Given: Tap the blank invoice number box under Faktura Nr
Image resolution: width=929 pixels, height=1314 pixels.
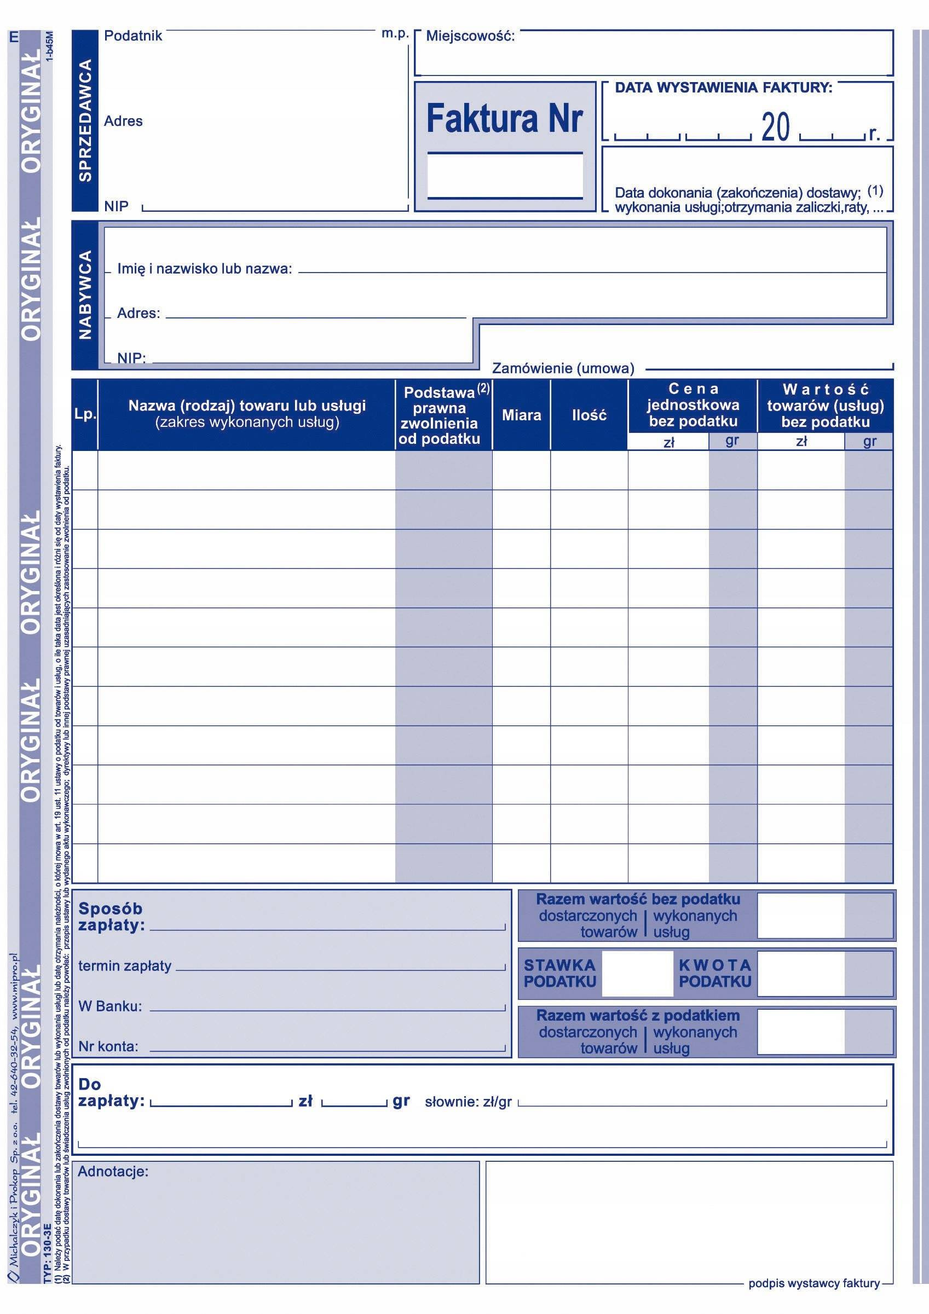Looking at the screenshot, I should pyautogui.click(x=505, y=176).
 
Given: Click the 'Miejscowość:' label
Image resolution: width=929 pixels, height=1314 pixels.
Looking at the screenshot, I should pyautogui.click(x=470, y=37).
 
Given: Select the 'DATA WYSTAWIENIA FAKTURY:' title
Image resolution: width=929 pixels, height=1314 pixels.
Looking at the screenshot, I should pyautogui.click(x=724, y=88).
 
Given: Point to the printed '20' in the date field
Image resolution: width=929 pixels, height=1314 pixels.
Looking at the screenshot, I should pyautogui.click(x=776, y=127).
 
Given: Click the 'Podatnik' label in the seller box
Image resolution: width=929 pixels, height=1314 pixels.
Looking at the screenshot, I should pyautogui.click(x=133, y=36).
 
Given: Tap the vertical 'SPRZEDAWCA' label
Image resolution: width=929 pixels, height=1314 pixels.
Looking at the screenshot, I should pyautogui.click(x=85, y=120).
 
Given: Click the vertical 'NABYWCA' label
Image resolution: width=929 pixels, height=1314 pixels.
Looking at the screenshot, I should pyautogui.click(x=85, y=294).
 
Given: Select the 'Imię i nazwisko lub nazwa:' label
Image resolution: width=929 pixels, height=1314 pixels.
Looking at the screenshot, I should pyautogui.click(x=204, y=268).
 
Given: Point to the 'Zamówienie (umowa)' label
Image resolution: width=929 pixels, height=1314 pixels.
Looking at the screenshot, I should pyautogui.click(x=563, y=368).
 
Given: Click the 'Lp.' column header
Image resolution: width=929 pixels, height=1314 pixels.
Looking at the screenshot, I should pyautogui.click(x=85, y=414).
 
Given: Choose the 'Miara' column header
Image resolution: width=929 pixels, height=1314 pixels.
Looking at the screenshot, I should pyautogui.click(x=521, y=415).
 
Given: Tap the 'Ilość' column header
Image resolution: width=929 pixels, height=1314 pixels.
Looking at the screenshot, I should pyautogui.click(x=589, y=415).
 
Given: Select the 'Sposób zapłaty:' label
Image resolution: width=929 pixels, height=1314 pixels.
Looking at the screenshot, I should pyautogui.click(x=111, y=916).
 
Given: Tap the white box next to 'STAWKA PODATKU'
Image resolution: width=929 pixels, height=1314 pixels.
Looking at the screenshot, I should pyautogui.click(x=637, y=974).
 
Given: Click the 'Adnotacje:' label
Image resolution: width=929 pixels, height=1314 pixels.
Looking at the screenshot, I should pyautogui.click(x=113, y=1172).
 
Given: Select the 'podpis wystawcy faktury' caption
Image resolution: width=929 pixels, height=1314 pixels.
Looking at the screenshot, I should pyautogui.click(x=813, y=1294).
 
